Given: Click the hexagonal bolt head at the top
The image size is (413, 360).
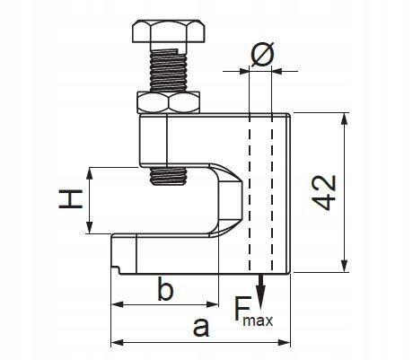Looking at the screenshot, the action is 169,31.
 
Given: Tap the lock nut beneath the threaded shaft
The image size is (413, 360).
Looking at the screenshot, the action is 169,102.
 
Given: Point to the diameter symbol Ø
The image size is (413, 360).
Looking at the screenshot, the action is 262,55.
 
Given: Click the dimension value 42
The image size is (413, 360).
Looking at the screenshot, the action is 325,192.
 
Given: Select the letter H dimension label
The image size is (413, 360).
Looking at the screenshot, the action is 71,198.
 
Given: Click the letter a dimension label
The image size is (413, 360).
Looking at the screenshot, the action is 201,327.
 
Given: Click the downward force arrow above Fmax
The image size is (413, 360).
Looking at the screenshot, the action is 261,291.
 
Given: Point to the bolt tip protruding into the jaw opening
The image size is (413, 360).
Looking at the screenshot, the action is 169,176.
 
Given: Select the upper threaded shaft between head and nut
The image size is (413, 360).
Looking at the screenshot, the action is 169,70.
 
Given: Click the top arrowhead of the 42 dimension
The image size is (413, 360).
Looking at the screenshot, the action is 345,119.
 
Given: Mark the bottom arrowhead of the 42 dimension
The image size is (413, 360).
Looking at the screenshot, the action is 345,266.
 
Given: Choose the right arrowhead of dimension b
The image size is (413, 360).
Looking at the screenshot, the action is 212,305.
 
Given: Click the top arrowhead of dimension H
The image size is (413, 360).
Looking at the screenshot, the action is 89,173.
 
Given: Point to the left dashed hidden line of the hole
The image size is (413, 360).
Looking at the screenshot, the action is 250,193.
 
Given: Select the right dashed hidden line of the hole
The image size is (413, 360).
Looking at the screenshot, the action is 272,193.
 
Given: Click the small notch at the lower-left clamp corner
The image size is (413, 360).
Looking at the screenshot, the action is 116,268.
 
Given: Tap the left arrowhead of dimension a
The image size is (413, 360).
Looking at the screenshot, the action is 118,342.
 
